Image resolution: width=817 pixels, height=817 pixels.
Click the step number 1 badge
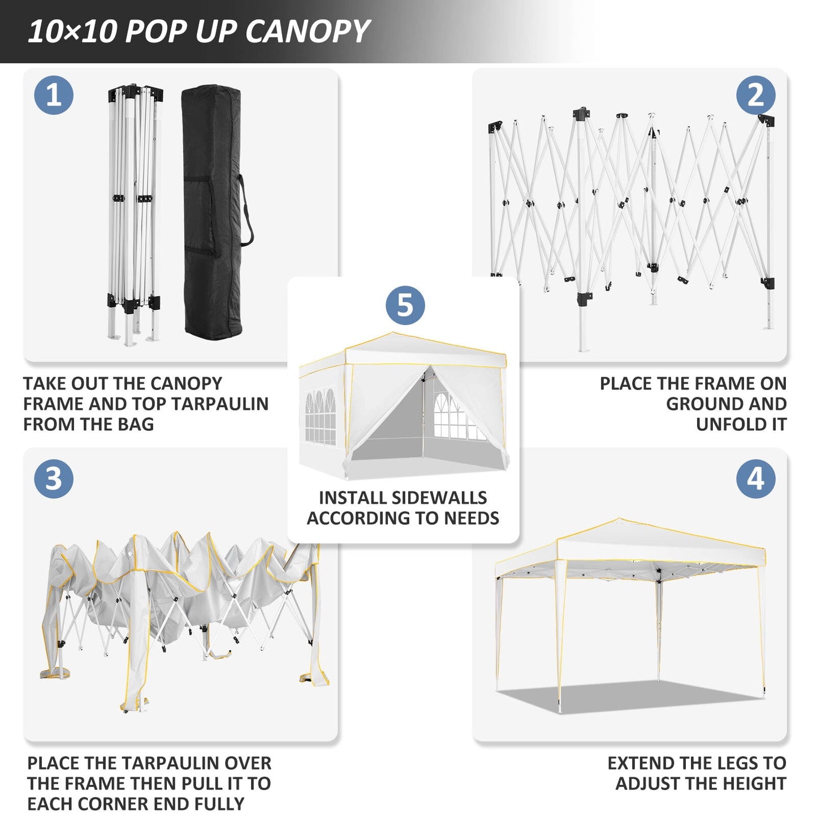[54, 95]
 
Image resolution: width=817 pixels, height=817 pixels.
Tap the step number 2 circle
[755, 95]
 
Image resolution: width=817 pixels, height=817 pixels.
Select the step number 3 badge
[54, 479]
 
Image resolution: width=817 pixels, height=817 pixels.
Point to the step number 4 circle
[755, 479]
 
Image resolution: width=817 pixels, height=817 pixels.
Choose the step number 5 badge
[405, 305]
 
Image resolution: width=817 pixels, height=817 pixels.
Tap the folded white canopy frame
[135, 212]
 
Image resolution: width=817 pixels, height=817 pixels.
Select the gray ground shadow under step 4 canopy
[628, 697]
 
